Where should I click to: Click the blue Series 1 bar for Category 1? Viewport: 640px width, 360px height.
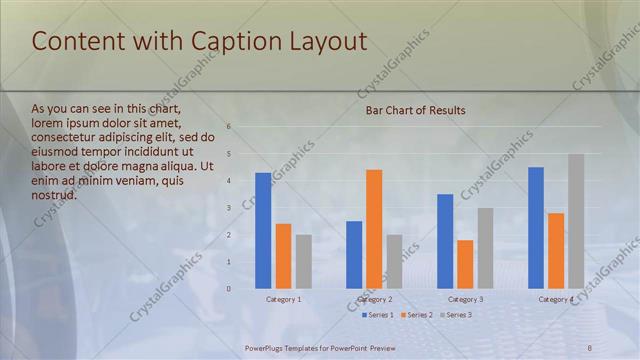pyautogui.click(x=263, y=231)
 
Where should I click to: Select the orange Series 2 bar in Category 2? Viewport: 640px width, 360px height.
pyautogui.click(x=374, y=229)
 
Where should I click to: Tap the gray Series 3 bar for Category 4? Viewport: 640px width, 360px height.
pyautogui.click(x=576, y=221)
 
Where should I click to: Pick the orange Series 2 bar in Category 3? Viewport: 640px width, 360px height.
pyautogui.click(x=465, y=264)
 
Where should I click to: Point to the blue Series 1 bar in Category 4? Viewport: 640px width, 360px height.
pyautogui.click(x=536, y=228)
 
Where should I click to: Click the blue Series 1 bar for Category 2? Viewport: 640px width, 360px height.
pyautogui.click(x=354, y=255)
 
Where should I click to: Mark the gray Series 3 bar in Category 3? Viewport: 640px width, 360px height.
pyautogui.click(x=485, y=248)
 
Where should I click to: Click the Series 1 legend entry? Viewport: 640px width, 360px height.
pyautogui.click(x=377, y=315)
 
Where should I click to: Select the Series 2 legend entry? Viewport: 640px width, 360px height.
pyautogui.click(x=416, y=315)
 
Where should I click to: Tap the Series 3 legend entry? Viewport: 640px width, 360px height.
pyautogui.click(x=455, y=315)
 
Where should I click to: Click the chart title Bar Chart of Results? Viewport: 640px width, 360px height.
pyautogui.click(x=415, y=110)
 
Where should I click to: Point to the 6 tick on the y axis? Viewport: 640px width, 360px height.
pyautogui.click(x=229, y=127)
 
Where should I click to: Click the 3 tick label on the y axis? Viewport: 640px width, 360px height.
pyautogui.click(x=229, y=208)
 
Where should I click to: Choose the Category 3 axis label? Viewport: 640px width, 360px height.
pyautogui.click(x=465, y=299)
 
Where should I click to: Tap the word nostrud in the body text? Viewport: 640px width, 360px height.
pyautogui.click(x=54, y=195)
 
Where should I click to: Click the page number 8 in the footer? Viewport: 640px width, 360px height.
pyautogui.click(x=589, y=347)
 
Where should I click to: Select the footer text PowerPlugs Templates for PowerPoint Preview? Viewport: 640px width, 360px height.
pyautogui.click(x=321, y=347)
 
